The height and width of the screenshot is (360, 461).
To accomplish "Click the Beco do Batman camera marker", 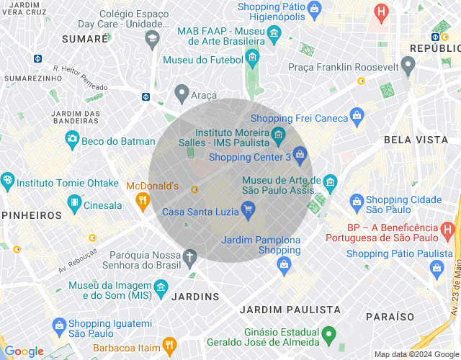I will pyautogui.click(x=72, y=138).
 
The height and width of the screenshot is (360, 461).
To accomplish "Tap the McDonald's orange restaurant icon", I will pyautogui.click(x=143, y=199).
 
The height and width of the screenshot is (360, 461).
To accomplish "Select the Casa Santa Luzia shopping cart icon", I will pyautogui.click(x=249, y=211).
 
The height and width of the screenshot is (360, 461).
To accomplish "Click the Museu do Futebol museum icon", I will pyautogui.click(x=252, y=57).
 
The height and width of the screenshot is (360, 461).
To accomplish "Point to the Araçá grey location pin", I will pyautogui.click(x=182, y=93).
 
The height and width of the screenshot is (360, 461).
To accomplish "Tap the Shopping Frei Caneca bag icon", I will pyautogui.click(x=357, y=116).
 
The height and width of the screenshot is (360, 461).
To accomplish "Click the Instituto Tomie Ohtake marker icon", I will pyautogui.click(x=8, y=180).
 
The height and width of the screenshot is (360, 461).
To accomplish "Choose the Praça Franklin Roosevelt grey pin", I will pyautogui.click(x=408, y=66).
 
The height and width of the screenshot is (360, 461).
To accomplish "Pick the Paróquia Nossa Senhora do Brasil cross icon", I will pyautogui.click(x=190, y=256).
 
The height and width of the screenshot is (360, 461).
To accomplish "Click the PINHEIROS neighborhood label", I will pyautogui.click(x=32, y=215).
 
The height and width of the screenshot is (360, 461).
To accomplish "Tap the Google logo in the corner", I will pyautogui.click(x=24, y=351).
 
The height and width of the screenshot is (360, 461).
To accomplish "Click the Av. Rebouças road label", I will pyautogui.click(x=77, y=262).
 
